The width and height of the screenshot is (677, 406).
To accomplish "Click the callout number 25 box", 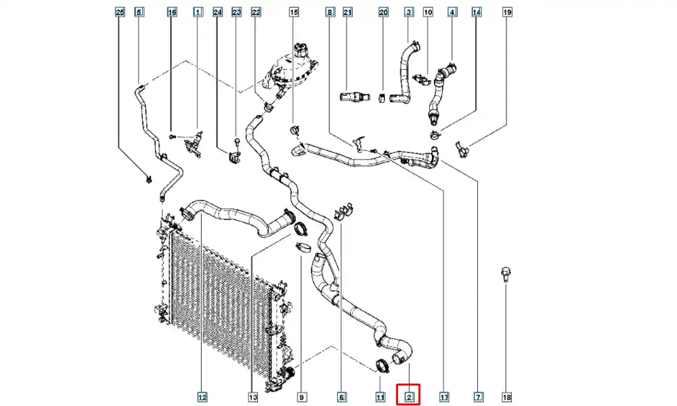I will click(x=120, y=12).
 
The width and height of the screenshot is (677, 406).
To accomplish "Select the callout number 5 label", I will click(x=139, y=12).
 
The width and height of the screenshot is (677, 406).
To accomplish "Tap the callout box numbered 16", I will click(x=172, y=12).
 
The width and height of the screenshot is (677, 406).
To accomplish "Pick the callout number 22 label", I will click(x=256, y=12).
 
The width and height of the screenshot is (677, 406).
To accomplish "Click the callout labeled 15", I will click(x=294, y=12).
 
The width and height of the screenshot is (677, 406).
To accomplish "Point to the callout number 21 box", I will click(x=348, y=12).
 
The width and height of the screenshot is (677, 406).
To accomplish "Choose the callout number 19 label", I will click(x=507, y=12).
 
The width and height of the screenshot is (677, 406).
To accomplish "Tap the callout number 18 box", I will click(x=507, y=397).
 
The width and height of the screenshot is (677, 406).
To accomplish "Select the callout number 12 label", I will click(x=202, y=397).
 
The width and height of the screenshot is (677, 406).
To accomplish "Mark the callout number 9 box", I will click(x=301, y=397).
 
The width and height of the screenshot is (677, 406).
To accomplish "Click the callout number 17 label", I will click(x=444, y=397).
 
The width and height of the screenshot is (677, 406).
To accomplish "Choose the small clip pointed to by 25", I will click(x=148, y=179).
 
